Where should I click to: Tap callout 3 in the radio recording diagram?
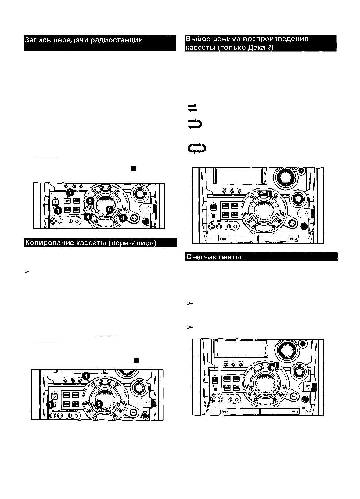(70, 192)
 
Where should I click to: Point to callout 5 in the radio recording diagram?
(91, 201)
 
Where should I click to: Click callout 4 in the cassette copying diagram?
(86, 375)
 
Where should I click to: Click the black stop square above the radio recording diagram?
(133, 168)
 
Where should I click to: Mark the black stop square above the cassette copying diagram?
(136, 360)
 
